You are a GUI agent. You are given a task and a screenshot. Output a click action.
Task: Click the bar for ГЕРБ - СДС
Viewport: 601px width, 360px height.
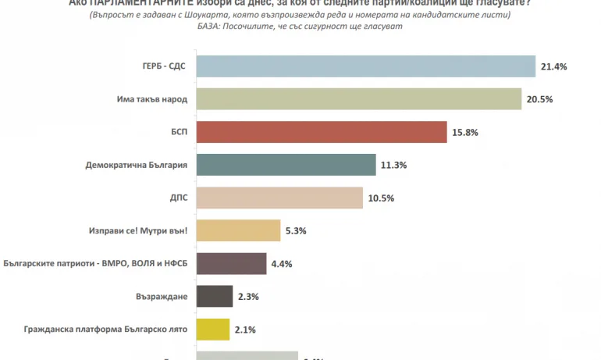(365, 67)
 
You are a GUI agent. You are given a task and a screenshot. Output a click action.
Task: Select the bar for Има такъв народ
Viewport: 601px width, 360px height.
(358, 100)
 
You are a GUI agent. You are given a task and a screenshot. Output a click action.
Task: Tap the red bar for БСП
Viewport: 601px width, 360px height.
(321, 133)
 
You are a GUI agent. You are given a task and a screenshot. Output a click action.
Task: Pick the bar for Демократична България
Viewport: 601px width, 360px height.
(286, 166)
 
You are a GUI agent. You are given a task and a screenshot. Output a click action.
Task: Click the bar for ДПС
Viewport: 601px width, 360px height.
(279, 198)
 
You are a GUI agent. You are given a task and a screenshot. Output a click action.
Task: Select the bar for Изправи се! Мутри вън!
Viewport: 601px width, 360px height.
(238, 231)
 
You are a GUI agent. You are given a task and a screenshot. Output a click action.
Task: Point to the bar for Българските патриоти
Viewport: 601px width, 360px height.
(231, 264)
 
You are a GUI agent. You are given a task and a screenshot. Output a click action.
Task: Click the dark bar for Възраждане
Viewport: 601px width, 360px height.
(215, 297)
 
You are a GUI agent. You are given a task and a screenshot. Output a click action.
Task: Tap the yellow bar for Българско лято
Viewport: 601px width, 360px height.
(213, 330)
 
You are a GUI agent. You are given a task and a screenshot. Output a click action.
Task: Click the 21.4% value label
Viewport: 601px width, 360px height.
(553, 67)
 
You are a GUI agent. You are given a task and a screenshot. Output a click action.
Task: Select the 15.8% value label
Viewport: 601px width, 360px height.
(465, 134)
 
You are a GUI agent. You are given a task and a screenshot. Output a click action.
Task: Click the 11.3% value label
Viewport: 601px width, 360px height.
(394, 166)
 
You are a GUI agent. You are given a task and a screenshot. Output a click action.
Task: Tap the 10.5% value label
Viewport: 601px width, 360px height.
(380, 198)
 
